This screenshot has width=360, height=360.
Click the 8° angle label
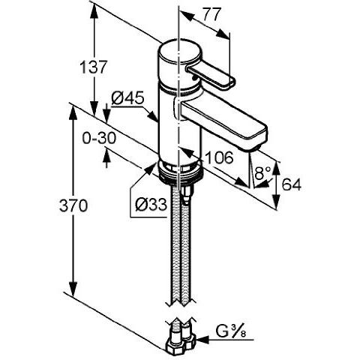click(x=261, y=173)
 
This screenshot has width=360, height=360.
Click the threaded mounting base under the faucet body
click(x=180, y=172)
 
